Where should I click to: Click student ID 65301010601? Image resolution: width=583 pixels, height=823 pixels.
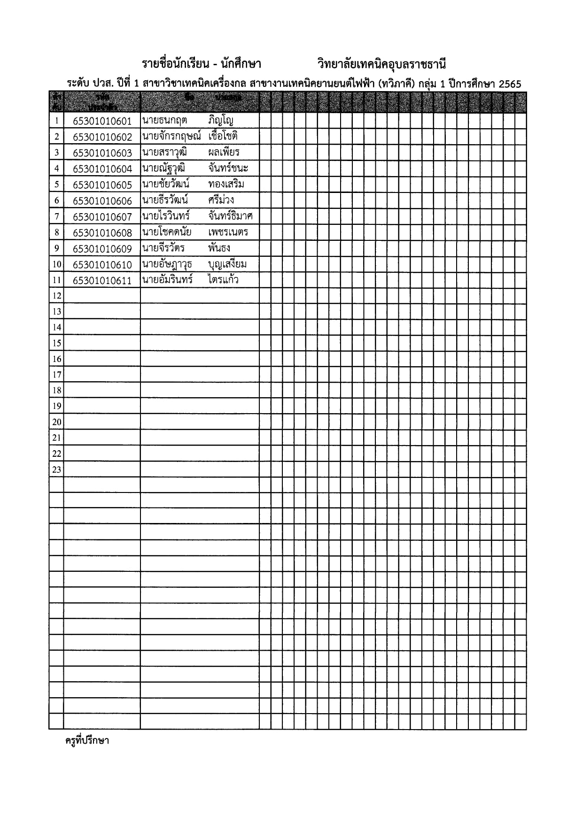[102, 121]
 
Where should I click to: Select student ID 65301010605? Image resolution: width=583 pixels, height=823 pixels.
[102, 185]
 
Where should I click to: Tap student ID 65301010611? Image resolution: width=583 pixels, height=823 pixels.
[102, 281]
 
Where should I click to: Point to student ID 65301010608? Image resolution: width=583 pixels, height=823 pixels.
[102, 233]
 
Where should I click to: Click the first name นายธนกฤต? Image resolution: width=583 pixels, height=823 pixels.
[164, 120]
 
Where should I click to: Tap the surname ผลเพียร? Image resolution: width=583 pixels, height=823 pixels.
[224, 152]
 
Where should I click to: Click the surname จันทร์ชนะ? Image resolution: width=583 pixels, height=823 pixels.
[228, 168]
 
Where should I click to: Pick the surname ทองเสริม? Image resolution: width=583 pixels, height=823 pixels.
[226, 184]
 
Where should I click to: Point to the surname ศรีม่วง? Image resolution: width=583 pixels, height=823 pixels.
[221, 200]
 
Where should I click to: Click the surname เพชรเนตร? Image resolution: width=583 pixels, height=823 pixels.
[228, 232]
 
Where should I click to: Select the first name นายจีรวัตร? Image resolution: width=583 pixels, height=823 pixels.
[163, 248]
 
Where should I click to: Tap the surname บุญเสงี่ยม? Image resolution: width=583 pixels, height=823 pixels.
[227, 264]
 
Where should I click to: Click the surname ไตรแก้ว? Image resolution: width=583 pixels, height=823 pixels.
[223, 280]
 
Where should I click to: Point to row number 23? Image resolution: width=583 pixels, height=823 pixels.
[56, 469]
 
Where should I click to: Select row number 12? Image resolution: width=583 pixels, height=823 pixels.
[56, 296]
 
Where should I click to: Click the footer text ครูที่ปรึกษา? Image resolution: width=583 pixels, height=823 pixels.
[87, 741]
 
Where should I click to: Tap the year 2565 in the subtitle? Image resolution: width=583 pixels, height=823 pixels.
[510, 84]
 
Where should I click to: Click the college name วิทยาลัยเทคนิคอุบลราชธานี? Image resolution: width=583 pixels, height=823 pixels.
[381, 64]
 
